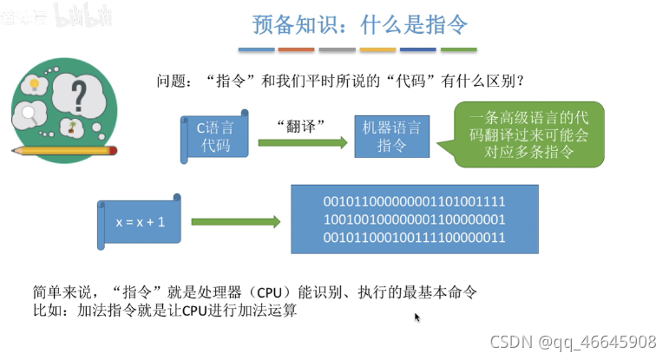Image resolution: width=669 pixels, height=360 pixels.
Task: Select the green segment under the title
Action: coord(459,49)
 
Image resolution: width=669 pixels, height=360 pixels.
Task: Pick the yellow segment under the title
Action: coord(377,49)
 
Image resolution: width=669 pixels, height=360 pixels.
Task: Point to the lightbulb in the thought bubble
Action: coord(35,85)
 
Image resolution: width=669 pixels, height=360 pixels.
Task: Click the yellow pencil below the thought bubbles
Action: coord(65,150)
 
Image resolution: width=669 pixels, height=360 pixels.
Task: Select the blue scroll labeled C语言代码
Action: coord(213,137)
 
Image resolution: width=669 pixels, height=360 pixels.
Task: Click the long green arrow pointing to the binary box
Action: coord(236,222)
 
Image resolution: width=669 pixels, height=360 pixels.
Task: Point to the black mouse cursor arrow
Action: coord(417,317)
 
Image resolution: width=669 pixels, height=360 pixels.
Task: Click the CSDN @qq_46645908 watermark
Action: coord(573,341)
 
